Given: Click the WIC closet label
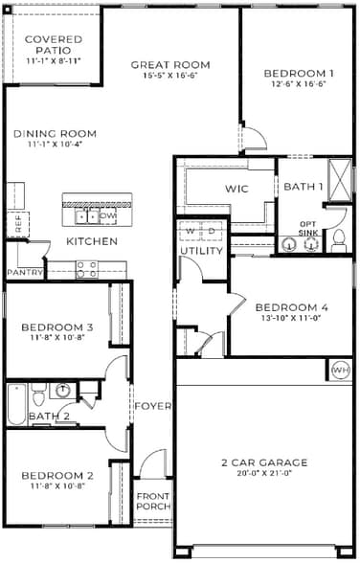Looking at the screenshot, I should coord(236,189).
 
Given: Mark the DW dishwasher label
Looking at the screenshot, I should coord(108,216).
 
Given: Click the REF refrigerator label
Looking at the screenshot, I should coord(18,224).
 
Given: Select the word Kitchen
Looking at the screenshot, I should coord(92,241).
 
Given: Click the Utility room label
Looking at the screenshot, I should coord(201,251).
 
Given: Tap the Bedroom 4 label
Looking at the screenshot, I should coord(292,307).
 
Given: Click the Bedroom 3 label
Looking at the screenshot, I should coord(56,327).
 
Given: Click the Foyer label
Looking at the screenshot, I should coord(152,406).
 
